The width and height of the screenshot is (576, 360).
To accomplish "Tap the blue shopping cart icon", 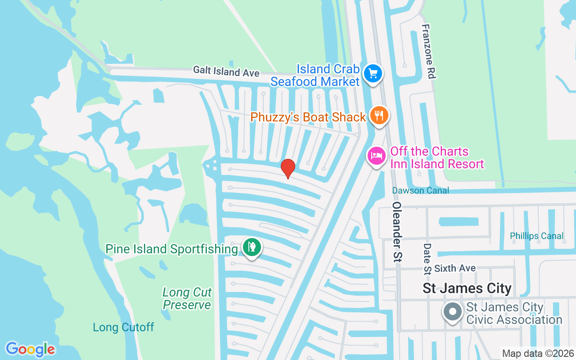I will tap(373, 73).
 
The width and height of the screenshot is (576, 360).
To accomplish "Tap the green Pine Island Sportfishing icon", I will tap(252, 247).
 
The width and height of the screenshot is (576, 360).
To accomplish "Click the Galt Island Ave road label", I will tap(226, 71).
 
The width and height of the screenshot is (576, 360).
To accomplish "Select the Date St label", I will tap(427, 259).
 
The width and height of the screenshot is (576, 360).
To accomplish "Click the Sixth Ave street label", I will tap(455, 268).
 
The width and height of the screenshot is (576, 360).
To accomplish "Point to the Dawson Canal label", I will tap(420, 190).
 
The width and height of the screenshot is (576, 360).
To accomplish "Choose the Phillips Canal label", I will tap(536, 236).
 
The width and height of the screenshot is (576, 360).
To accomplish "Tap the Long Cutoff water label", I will tap(123, 327).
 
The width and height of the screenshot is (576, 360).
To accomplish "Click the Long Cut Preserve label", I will tap(187, 298).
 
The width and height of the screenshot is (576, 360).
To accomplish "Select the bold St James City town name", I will tap(467, 288).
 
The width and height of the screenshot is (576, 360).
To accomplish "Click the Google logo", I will tap(30, 349).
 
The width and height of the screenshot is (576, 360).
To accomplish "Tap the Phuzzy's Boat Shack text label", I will tap(308, 117).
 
